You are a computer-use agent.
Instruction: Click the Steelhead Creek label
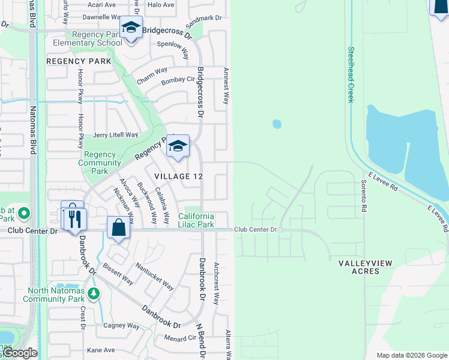pos(351,75)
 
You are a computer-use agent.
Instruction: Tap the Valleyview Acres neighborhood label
pos(359,267)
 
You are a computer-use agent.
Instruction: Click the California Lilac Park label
pos(196,220)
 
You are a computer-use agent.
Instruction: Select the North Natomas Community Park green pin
pos(93,293)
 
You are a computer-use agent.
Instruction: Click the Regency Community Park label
pos(100,158)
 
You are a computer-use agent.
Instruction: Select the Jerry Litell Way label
pos(115,135)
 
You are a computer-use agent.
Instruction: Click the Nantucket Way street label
pos(154,277)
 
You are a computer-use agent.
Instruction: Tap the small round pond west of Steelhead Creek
pos(277,124)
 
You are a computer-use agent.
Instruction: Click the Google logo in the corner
pos(20,353)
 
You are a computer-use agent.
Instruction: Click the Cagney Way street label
pos(121,326)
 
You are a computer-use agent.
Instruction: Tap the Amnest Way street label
pos(227,86)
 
